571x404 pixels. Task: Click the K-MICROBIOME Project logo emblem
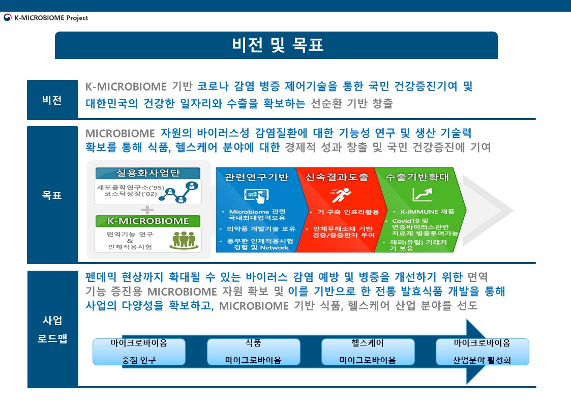tap(8, 17)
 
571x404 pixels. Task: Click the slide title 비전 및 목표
tap(278, 45)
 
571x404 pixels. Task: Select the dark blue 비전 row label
tap(52, 100)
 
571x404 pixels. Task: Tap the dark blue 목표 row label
tap(52, 195)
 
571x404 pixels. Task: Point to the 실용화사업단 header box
tap(148, 173)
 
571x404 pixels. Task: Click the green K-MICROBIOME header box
tap(148, 221)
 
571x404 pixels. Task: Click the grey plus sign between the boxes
tap(147, 210)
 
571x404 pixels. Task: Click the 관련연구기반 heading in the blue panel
tap(256, 177)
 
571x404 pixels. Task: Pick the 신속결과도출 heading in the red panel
tap(337, 177)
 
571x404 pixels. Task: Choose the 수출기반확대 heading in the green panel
tap(417, 177)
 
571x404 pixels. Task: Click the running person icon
tap(341, 195)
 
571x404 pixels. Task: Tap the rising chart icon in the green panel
tap(423, 194)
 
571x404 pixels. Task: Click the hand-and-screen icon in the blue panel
tap(256, 196)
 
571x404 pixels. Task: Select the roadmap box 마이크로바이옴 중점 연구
tap(139, 352)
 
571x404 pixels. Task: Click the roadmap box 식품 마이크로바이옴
tap(253, 352)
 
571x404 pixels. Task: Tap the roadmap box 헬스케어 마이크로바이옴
tap(368, 352)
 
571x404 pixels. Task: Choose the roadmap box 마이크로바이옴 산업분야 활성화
tap(482, 352)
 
